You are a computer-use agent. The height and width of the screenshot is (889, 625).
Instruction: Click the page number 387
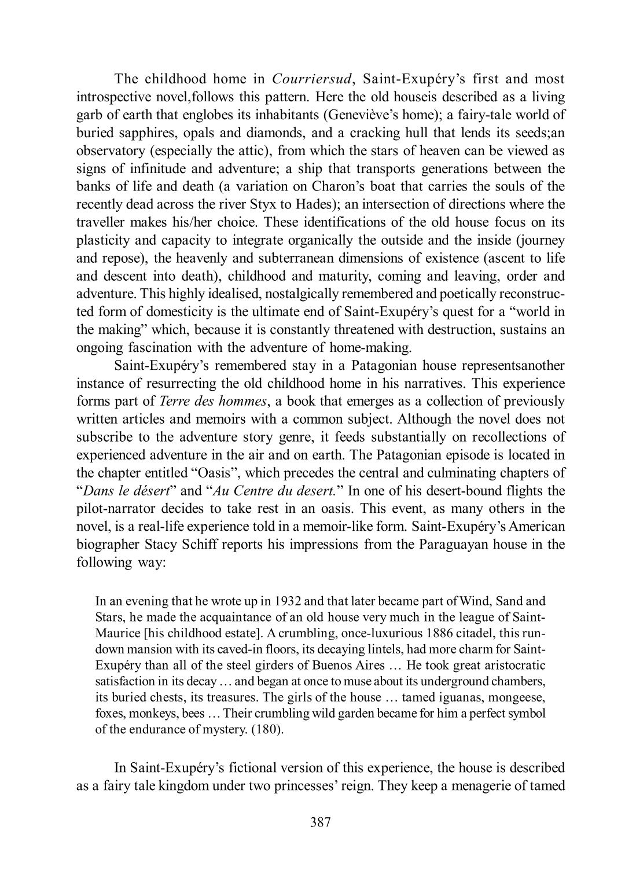(x=320, y=839)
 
